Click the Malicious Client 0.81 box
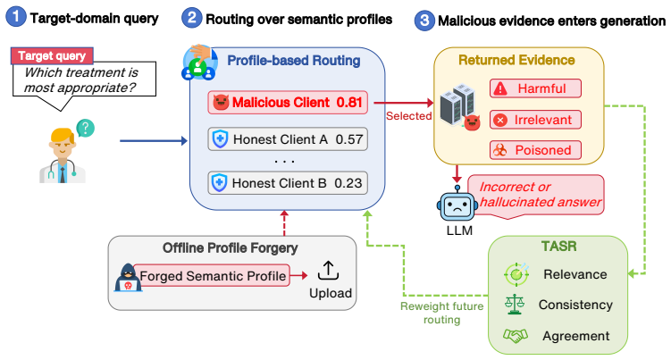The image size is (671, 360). [288, 103]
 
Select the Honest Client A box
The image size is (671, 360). [288, 139]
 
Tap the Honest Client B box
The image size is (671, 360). [288, 183]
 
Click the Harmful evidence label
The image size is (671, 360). [535, 88]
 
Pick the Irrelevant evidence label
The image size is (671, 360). [535, 120]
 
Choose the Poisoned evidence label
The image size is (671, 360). [535, 150]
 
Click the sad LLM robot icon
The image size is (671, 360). [457, 205]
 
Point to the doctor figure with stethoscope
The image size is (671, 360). [63, 155]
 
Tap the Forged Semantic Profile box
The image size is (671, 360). [212, 276]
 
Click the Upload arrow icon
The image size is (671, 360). [328, 271]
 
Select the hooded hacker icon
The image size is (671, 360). [128, 278]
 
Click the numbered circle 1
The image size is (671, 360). [16, 17]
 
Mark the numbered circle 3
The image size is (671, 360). [424, 21]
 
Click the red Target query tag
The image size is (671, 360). [52, 55]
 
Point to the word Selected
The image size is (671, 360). [408, 116]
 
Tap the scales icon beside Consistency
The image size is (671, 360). [515, 305]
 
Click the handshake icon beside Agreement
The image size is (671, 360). [516, 336]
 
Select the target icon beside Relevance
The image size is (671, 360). [516, 274]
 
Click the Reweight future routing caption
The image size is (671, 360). [441, 313]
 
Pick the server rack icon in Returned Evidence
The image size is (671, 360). [457, 104]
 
